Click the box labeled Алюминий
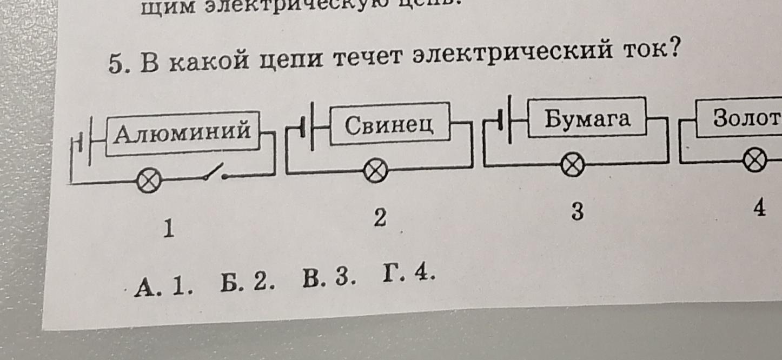coord(183,133)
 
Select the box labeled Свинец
coord(389,124)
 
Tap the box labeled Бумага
coord(587,118)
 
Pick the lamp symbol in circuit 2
coord(375,171)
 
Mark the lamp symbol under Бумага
coord(572,164)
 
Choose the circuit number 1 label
coord(169,230)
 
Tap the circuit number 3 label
coord(578,212)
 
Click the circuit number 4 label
coord(759,208)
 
